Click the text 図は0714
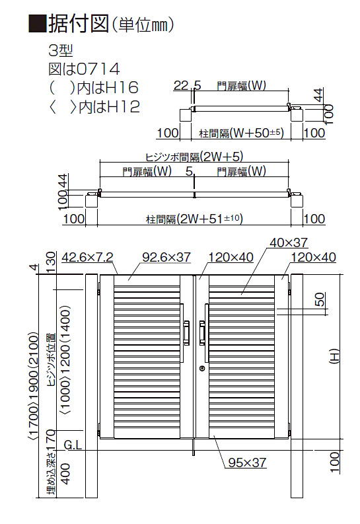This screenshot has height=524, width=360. (84, 69)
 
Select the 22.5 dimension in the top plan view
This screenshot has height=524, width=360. (188, 85)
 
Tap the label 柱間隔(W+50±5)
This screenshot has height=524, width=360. (241, 133)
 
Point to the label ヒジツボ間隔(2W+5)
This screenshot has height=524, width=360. (194, 157)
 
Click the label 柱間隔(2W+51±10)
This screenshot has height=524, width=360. (194, 219)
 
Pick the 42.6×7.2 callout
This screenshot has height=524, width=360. (87, 257)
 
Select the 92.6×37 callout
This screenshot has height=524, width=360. (166, 257)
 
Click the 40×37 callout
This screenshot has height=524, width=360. (289, 243)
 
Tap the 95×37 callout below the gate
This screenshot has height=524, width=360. (247, 462)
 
